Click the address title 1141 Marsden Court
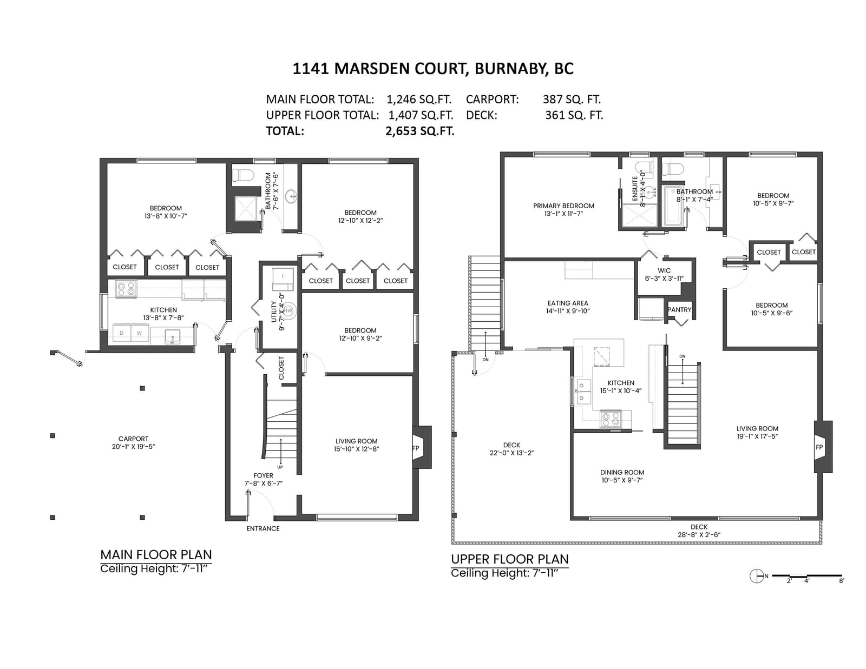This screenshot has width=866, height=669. (380, 69)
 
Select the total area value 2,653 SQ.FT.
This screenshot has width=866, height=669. (419, 131)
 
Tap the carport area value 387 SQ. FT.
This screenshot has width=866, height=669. (572, 99)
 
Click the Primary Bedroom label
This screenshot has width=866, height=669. (563, 206)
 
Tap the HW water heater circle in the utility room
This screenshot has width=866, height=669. (288, 310)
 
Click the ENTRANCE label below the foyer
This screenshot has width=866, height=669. (263, 528)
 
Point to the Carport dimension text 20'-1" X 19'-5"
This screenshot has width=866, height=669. (133, 446)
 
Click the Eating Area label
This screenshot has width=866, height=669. (568, 303)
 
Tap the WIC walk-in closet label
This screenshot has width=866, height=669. (664, 271)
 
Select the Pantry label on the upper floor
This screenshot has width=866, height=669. (679, 309)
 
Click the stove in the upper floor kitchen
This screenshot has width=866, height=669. (611, 419)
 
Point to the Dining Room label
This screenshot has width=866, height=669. (622, 472)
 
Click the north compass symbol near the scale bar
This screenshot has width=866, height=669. (756, 576)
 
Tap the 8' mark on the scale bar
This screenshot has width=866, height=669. (841, 581)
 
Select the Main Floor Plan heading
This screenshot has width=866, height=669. (156, 555)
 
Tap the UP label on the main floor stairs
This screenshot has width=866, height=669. (280, 467)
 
